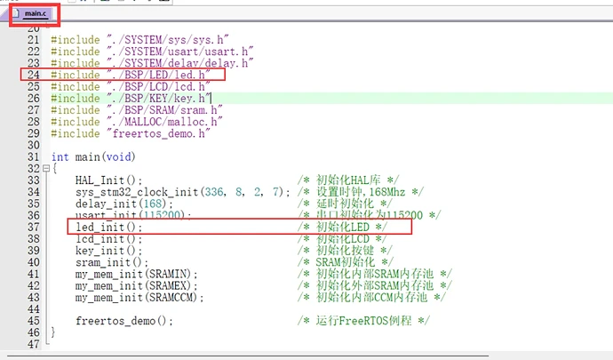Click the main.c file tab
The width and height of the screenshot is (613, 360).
[36, 15]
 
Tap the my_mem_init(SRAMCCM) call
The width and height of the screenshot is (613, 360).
[140, 297]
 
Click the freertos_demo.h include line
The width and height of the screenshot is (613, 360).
[128, 133]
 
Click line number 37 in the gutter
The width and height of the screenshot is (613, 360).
[34, 228]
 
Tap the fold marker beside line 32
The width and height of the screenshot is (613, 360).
[44, 169]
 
